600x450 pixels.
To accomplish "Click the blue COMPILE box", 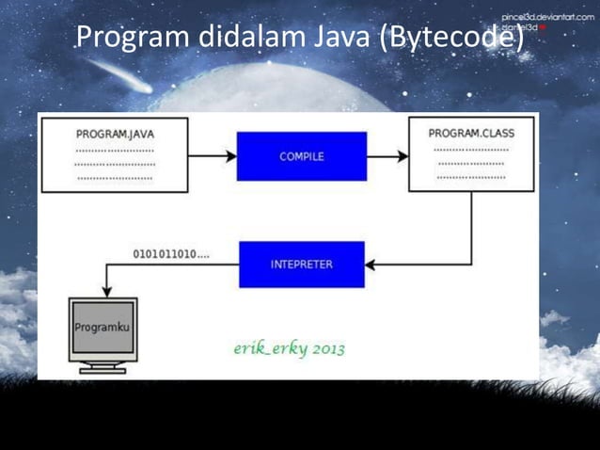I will click(301, 156).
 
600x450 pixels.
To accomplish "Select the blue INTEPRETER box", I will click(301, 265).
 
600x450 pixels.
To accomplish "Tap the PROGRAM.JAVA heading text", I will click(116, 134).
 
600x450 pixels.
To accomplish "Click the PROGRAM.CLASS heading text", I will click(471, 133).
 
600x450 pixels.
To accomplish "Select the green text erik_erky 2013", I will click(289, 349).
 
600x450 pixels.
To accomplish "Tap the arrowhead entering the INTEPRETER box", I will click(371, 265).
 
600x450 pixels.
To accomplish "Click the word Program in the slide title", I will click(134, 39).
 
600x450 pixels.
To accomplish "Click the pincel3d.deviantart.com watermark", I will click(547, 18).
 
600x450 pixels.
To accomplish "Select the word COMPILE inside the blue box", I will click(301, 156).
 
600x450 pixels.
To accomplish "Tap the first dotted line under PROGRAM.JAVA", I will click(115, 150).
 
